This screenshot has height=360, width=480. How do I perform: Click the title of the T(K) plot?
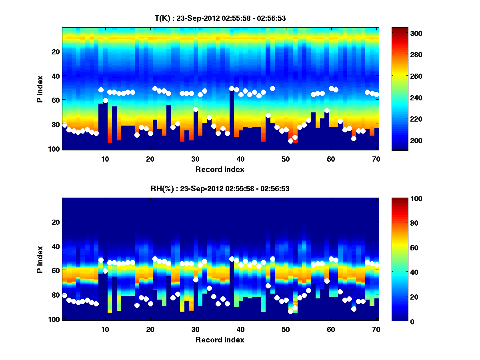click(x=220, y=18)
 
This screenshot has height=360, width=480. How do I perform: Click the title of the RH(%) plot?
click(x=220, y=189)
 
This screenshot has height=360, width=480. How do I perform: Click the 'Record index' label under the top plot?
click(x=220, y=169)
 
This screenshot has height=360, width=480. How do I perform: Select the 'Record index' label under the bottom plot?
click(x=220, y=340)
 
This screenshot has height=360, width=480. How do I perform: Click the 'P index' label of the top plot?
click(x=40, y=89)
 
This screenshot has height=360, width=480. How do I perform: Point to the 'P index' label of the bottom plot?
click(x=40, y=259)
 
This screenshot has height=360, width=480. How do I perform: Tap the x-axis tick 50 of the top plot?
click(x=286, y=159)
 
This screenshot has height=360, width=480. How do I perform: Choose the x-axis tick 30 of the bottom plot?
click(x=195, y=329)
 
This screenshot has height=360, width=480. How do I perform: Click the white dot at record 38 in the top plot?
click(x=232, y=88)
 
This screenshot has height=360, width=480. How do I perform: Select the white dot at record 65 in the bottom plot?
click(x=354, y=309)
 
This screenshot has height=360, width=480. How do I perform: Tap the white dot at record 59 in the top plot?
click(x=327, y=111)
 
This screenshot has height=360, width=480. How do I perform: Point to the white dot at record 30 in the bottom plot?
click(x=196, y=280)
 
